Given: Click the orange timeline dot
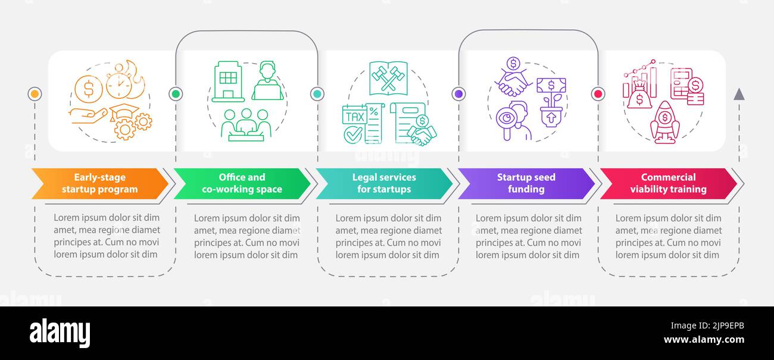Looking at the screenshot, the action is click(35, 94).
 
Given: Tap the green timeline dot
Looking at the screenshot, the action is click(176, 94).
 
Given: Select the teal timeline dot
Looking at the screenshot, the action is click(317, 94).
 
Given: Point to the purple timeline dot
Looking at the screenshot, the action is click(458, 94).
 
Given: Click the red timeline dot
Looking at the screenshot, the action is click(598, 94).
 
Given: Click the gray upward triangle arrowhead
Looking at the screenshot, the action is click(739, 95).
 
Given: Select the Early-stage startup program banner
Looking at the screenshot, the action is click(99, 183).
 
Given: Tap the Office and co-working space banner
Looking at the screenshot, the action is click(242, 183).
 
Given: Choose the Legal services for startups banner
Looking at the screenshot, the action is click(384, 183).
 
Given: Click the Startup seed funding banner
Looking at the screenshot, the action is click(526, 183).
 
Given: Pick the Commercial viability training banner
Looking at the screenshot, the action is click(668, 183).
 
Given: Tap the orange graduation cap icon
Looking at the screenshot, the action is click(124, 112).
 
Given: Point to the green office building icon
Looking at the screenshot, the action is click(228, 82).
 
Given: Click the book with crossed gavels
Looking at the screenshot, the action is click(388, 78).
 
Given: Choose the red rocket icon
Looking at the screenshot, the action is click(665, 123).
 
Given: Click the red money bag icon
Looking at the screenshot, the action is click(639, 96).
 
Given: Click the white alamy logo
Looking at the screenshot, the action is click(60, 333).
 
